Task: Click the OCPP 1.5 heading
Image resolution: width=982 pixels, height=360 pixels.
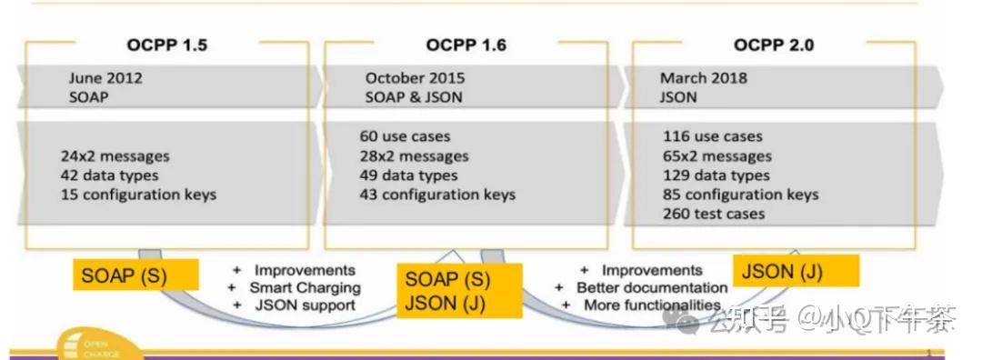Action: [x=166, y=45]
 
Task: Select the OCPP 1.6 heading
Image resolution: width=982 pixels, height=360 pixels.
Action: [x=466, y=45]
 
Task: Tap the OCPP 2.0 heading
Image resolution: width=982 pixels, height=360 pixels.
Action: [x=774, y=45]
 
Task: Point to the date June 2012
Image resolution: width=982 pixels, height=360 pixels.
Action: [x=105, y=78]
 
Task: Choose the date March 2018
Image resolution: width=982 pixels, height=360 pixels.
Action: [x=704, y=78]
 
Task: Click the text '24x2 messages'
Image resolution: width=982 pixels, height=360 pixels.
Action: [x=115, y=156]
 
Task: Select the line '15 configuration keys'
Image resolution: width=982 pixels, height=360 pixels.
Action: [x=138, y=195]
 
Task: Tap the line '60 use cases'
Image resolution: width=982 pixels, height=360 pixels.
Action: [x=405, y=136]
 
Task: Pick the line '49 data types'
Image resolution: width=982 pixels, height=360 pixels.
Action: [x=408, y=175]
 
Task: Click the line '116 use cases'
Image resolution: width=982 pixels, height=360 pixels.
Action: [x=713, y=136]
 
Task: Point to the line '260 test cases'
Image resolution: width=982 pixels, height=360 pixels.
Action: [x=714, y=215]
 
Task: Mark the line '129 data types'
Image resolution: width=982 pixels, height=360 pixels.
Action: [x=716, y=175]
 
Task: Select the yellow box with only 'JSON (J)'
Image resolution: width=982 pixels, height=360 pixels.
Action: [x=796, y=270]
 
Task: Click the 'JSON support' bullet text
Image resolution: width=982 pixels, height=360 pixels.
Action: [x=305, y=305]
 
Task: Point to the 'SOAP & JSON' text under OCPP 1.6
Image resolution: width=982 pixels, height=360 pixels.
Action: [x=414, y=97]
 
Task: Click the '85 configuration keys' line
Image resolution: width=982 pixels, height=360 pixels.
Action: [x=741, y=195]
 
